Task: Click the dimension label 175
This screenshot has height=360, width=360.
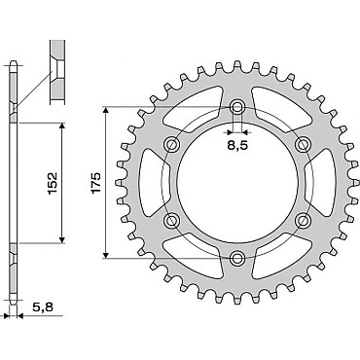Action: (x=96, y=183)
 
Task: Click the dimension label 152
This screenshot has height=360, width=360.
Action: (x=53, y=183)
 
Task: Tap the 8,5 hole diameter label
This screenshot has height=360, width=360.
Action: (x=237, y=146)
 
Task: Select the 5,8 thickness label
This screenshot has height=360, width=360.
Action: (x=43, y=306)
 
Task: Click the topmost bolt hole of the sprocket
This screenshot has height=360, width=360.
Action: (x=237, y=107)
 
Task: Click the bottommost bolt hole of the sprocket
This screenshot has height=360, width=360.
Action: (x=237, y=258)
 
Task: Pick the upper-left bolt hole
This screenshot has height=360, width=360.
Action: (x=172, y=144)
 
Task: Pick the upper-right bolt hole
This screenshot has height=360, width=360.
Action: (x=303, y=144)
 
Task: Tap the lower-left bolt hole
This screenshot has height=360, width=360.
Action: (x=172, y=221)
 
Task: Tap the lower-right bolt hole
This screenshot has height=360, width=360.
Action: (x=303, y=221)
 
